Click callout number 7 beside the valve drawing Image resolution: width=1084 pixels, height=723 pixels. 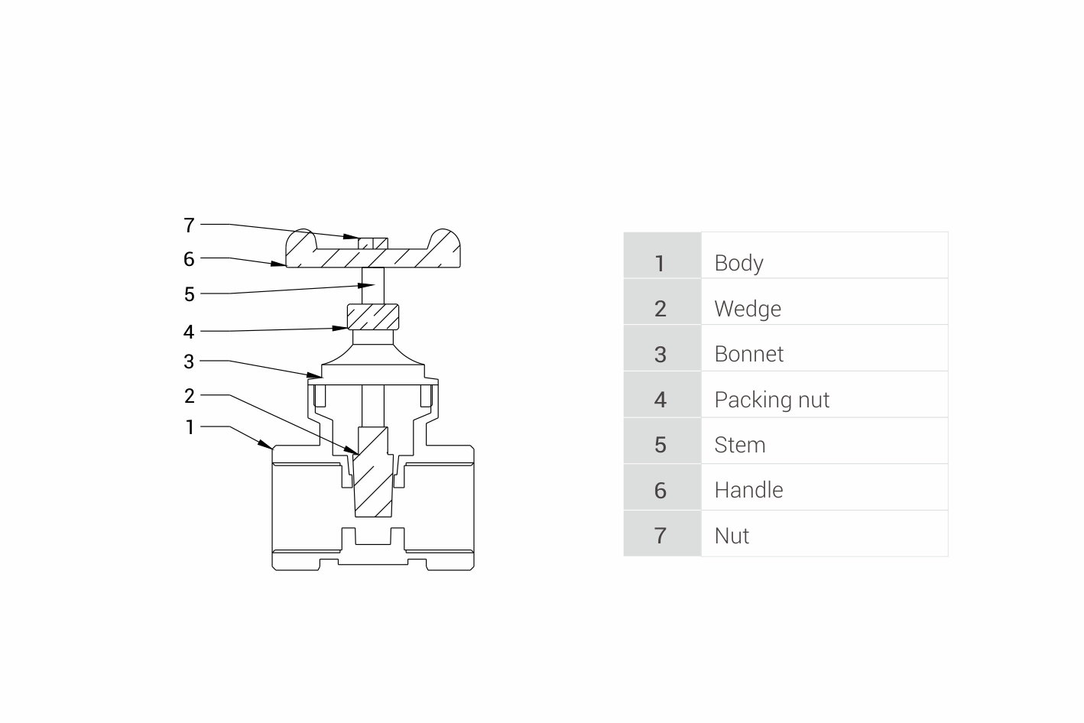tap(190, 225)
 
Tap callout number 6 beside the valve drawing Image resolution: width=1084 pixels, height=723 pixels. tap(190, 259)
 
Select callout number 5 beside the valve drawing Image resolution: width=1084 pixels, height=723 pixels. tap(190, 294)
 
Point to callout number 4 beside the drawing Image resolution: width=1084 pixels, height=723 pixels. tap(190, 332)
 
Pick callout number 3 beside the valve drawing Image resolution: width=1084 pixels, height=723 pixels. tap(190, 361)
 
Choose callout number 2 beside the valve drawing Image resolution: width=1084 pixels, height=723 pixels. tap(190, 396)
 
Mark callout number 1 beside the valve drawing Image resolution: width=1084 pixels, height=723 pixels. tap(190, 427)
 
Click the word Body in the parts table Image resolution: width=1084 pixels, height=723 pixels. tap(738, 263)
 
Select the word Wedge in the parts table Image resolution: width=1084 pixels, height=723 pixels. tap(748, 309)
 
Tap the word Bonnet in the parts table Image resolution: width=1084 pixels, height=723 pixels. tap(748, 354)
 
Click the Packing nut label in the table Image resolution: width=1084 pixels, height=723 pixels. tap(771, 400)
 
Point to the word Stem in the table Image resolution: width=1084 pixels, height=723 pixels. tap(739, 445)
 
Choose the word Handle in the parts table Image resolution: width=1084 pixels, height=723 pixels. tap(748, 490)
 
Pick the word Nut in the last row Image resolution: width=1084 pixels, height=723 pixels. tap(732, 536)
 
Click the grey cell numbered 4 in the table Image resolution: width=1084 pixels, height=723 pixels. tap(661, 399)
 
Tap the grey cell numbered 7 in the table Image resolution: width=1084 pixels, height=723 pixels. tap(661, 535)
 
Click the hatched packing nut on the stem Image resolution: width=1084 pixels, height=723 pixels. tap(373, 315)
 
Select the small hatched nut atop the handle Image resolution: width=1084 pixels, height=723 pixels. tap(373, 243)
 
